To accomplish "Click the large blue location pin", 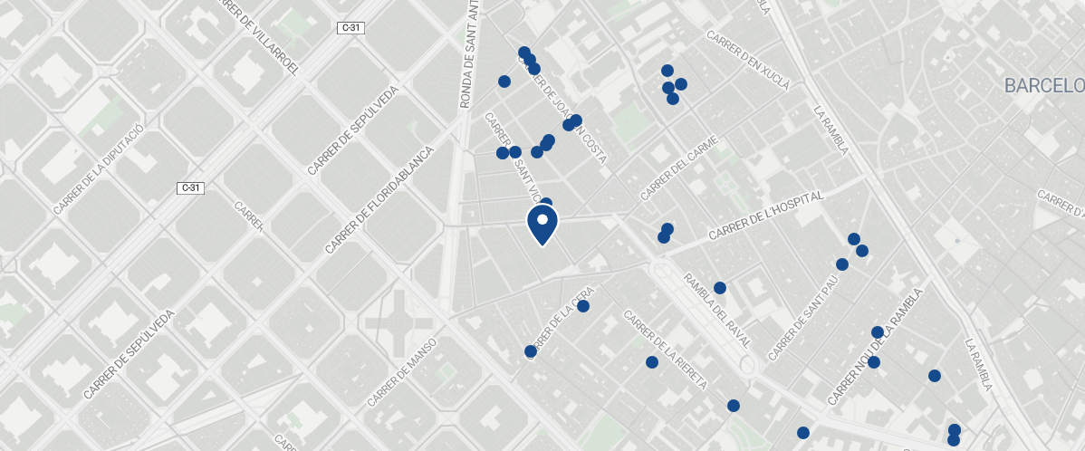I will pos(542,225).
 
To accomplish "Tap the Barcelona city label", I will pos(1043,86).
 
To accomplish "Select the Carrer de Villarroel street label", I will pos(258,36).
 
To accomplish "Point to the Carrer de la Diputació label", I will pos(99,169).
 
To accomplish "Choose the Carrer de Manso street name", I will pos(402,372).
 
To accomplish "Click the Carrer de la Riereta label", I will pos(666,350).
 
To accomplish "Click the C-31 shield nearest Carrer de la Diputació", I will pos(190,188).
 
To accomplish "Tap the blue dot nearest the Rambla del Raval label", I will pos(720,288).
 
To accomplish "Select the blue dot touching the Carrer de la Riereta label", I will pos(652,362).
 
